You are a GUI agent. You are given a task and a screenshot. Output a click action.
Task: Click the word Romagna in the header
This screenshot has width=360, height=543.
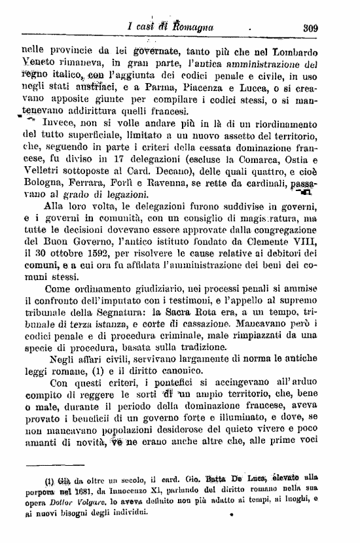coord(194,28)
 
